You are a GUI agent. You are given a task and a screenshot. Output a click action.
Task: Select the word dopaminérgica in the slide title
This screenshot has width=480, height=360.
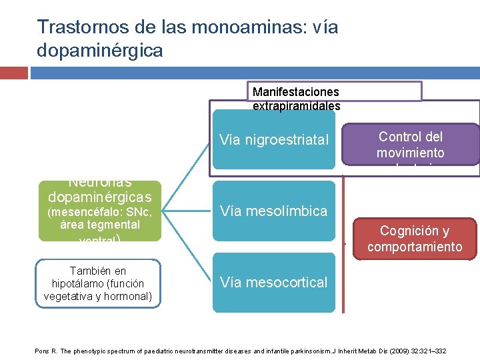click(100, 50)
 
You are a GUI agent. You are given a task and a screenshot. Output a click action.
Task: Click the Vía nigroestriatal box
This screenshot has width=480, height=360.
click(273, 140)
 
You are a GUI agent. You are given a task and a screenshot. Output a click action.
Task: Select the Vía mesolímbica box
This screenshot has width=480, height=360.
click(273, 211)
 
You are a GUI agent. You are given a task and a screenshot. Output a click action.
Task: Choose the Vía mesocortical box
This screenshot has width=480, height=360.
click(273, 282)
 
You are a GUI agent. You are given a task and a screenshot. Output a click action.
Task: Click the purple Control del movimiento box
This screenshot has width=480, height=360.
click(410, 144)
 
